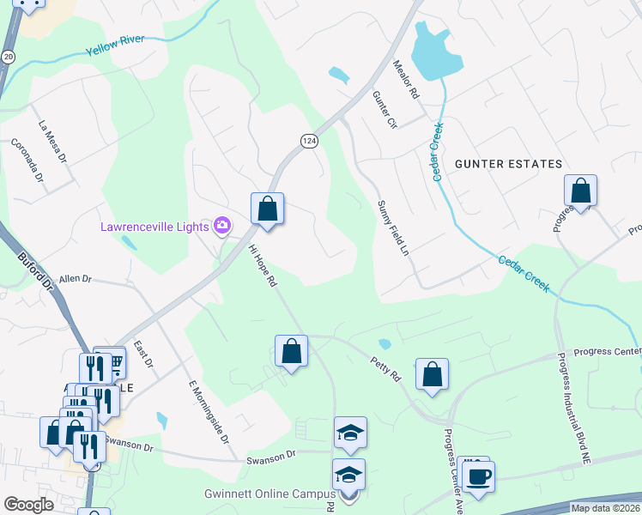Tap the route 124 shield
pos(309,140)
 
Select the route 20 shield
pos(8,56)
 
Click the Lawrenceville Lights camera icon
pos(223,226)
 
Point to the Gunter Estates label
pos(508,163)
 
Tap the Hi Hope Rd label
pos(263,266)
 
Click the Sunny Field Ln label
pos(392,227)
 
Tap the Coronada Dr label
pos(27,161)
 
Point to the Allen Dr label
pos(75,279)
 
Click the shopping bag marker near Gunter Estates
pos(580,191)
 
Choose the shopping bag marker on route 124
pos(267,209)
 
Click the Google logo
pos(29,505)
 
